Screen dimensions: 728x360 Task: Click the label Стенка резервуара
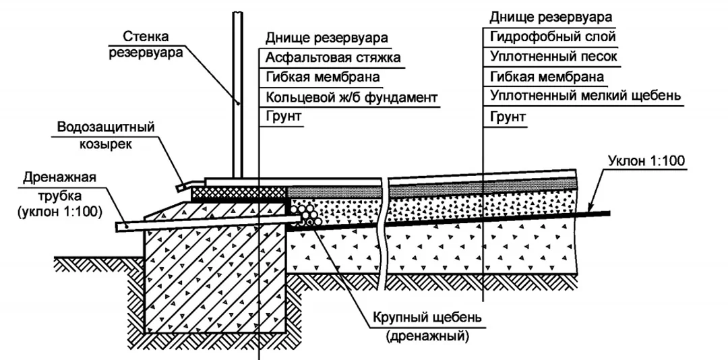point(146,44)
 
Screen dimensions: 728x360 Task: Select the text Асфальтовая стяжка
point(333,57)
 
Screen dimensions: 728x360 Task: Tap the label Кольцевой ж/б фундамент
point(351,98)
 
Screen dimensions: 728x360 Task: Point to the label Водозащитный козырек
point(105,136)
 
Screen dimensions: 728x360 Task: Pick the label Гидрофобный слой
point(553,36)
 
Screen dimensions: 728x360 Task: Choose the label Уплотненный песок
point(553,56)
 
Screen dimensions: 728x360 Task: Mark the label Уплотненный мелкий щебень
point(586,96)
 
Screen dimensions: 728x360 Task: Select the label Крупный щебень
point(427,319)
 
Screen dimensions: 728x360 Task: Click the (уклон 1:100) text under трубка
point(59,212)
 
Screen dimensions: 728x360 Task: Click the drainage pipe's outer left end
point(117,227)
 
